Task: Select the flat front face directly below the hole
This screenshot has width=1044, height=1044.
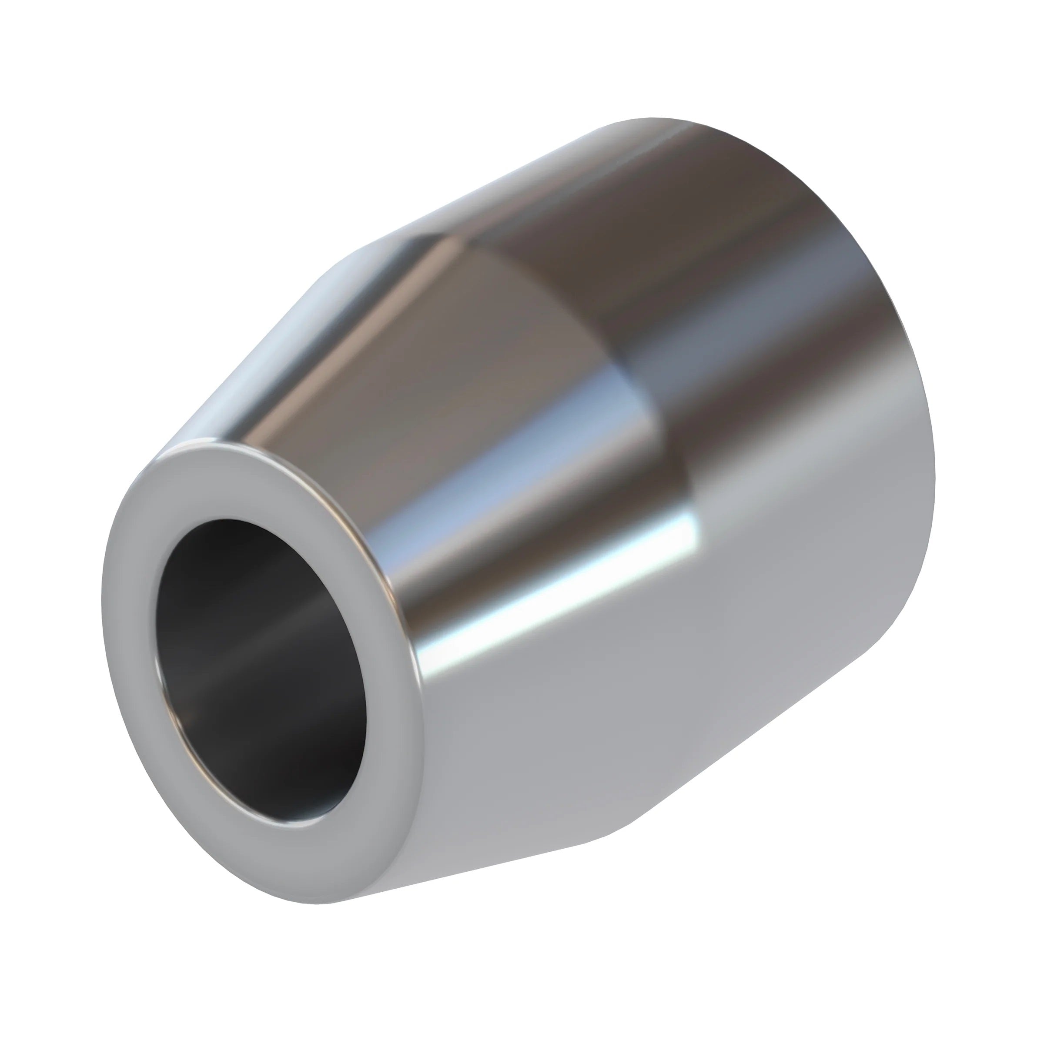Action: click(x=303, y=859)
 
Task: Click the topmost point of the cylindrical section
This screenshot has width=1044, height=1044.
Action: click(x=654, y=118)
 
